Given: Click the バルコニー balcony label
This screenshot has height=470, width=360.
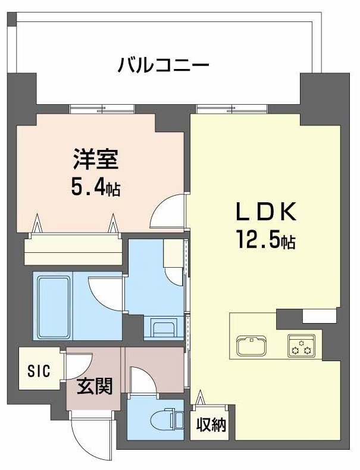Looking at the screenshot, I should (163, 64).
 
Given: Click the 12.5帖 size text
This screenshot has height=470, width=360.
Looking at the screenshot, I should (265, 241).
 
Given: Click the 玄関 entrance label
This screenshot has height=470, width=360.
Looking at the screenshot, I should (94, 388).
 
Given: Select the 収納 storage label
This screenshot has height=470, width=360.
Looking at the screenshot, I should (212, 426).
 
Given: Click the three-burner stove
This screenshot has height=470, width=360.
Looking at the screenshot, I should (301, 346).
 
